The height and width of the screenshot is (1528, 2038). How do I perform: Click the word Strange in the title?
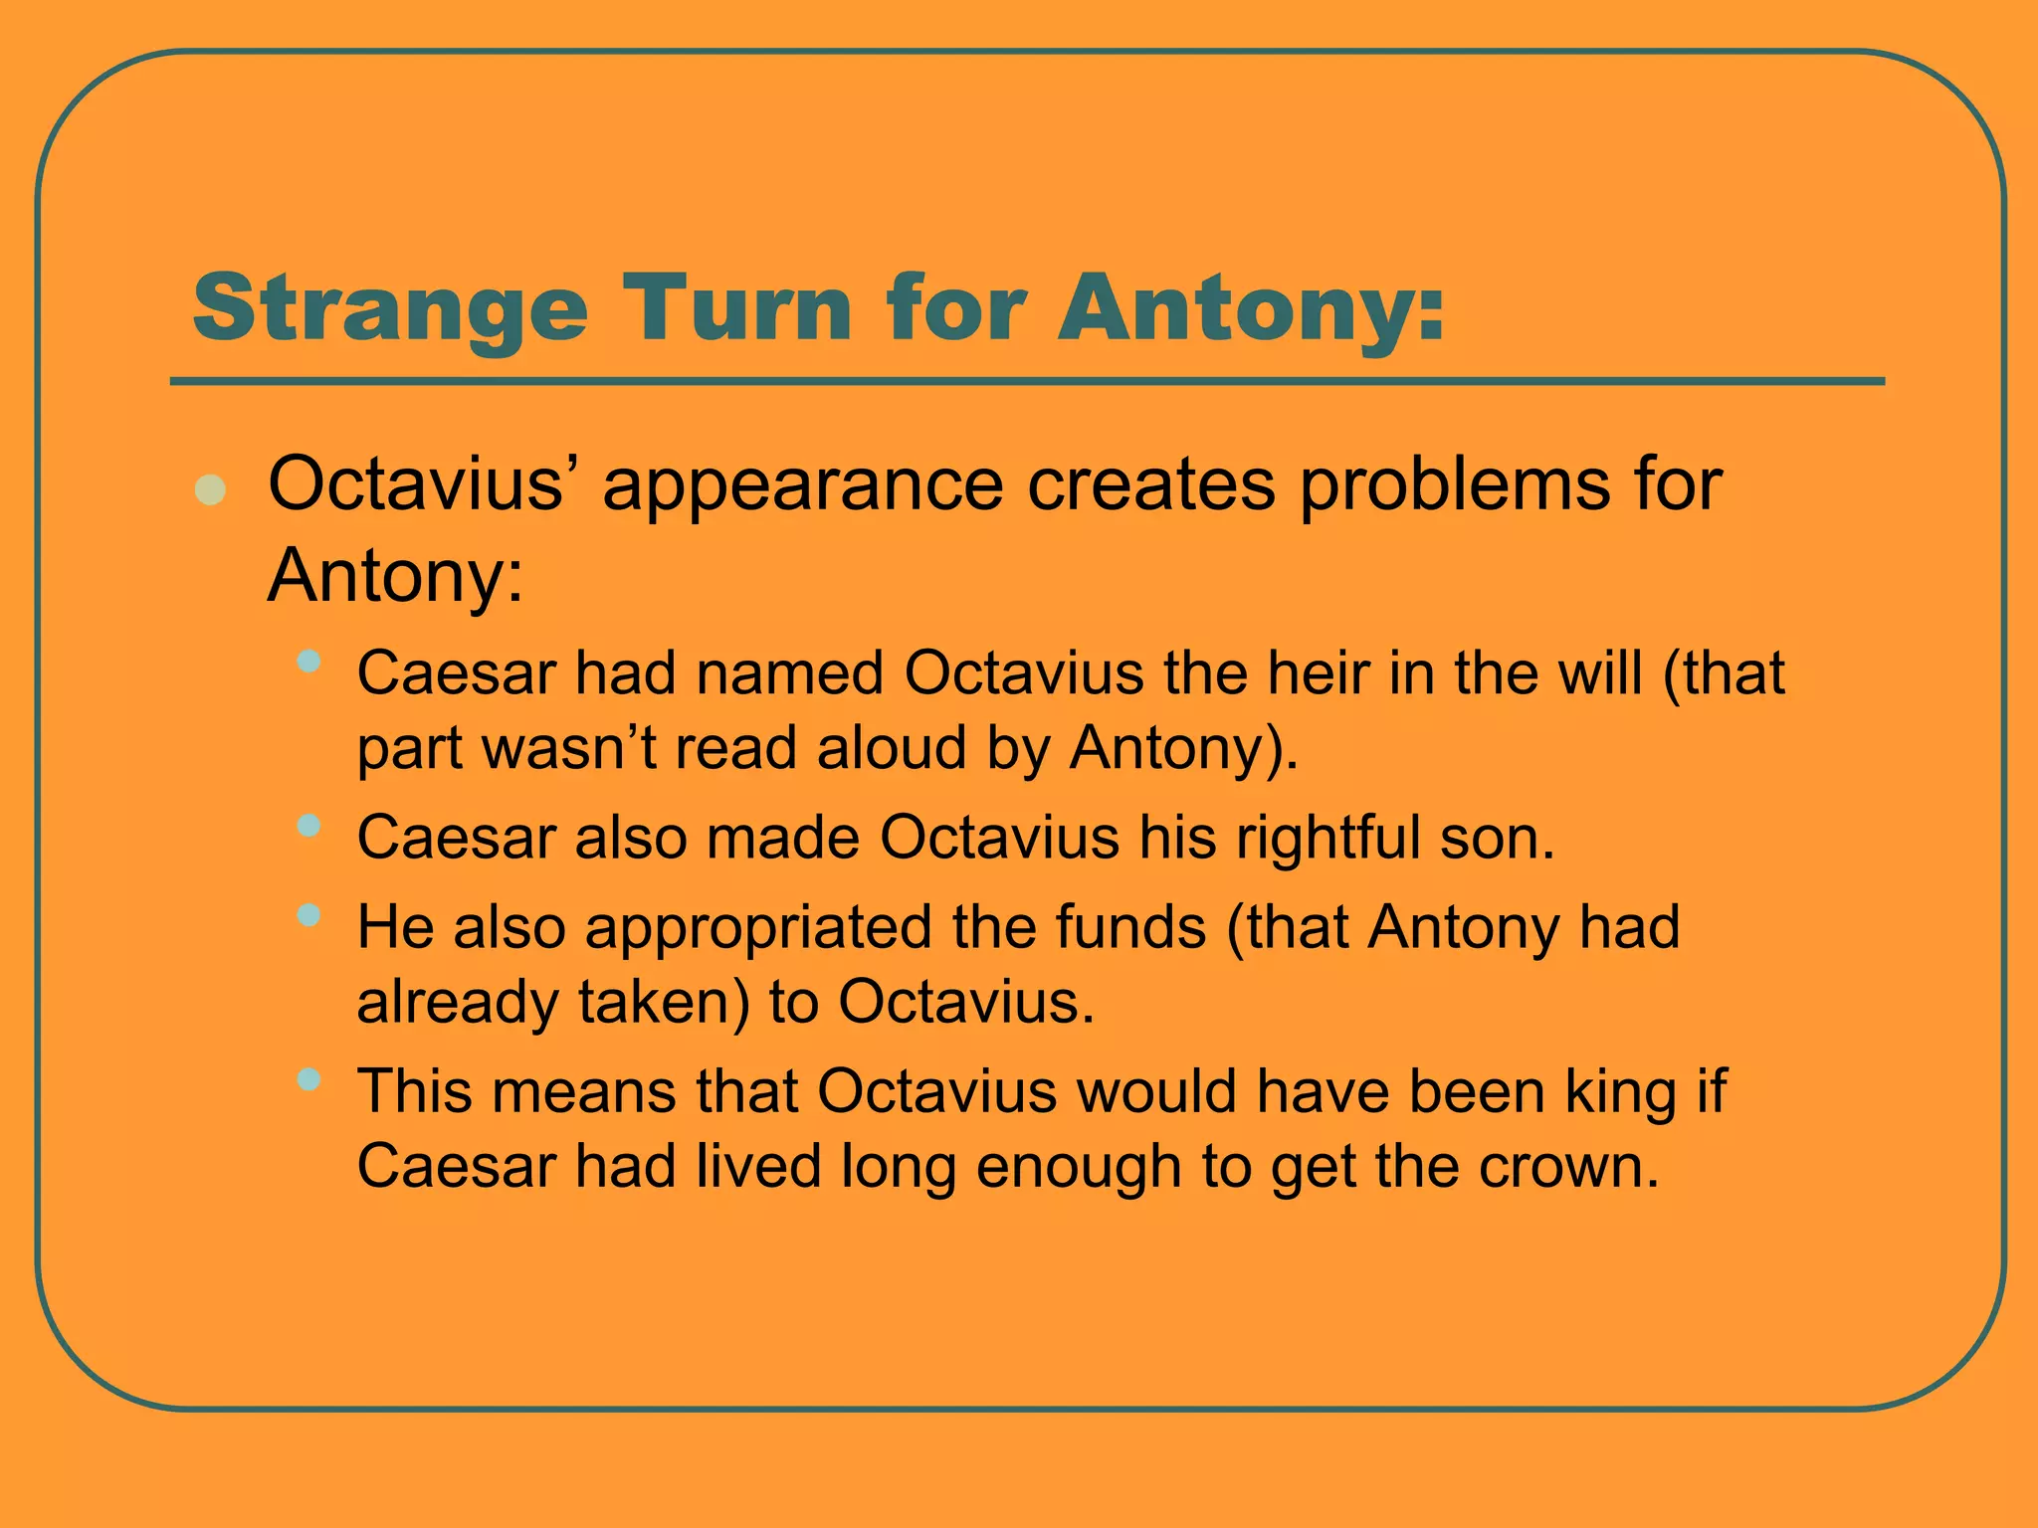tap(389, 309)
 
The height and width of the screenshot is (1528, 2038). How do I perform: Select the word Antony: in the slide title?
tap(1250, 309)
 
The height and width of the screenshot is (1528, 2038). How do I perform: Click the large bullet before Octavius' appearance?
tap(210, 489)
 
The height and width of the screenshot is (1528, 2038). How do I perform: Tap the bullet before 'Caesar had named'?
tap(308, 661)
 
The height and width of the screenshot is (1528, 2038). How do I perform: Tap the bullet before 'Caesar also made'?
tap(308, 825)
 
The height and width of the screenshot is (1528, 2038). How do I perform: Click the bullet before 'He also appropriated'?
tap(308, 914)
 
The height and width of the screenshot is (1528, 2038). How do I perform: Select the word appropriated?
tap(758, 928)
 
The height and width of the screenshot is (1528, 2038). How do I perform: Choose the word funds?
tap(1130, 927)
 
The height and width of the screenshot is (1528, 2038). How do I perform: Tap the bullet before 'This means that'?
tap(308, 1078)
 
